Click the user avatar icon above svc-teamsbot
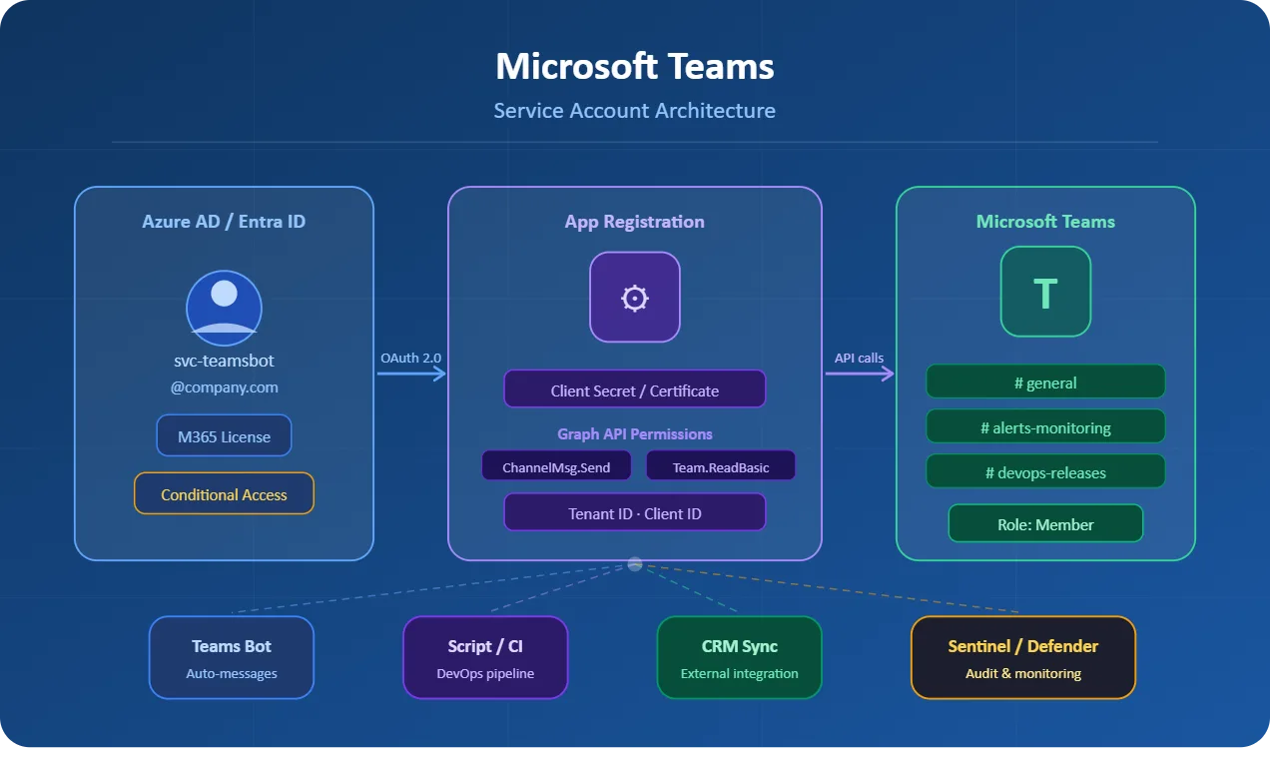coord(224,308)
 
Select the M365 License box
coord(224,436)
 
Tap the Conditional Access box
coord(224,494)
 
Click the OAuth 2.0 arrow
coord(411,374)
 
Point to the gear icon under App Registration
coord(634,298)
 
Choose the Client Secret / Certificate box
coord(634,390)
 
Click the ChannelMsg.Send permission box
coord(555,466)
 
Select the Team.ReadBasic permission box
coord(720,466)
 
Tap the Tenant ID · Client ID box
coord(634,513)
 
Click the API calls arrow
coord(859,374)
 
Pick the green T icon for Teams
coord(1045,293)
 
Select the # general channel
coord(1045,382)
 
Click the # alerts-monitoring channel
coord(1045,427)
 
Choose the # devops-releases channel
coord(1045,472)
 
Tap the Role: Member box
coord(1045,524)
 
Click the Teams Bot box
coord(232,658)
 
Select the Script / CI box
coord(485,658)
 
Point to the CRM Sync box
coord(739,658)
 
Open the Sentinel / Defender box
coord(1023,658)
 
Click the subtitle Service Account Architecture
coord(634,111)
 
